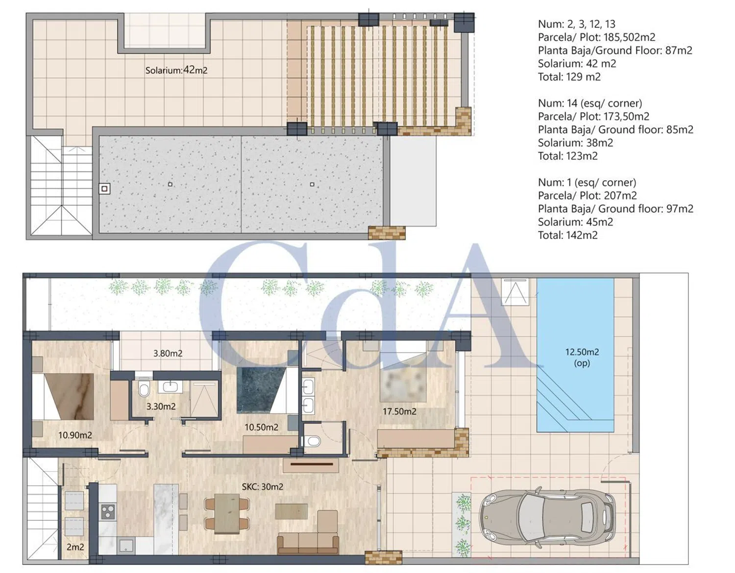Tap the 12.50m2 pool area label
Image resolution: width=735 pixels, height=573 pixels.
coord(582,352)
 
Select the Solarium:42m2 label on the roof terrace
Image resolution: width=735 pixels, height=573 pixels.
coord(176,71)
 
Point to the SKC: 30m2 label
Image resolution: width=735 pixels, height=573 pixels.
coord(262,487)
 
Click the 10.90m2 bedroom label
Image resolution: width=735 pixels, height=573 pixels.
coord(75,435)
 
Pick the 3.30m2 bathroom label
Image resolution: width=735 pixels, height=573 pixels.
coord(161,406)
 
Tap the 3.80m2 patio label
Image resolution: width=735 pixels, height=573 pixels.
coord(168,353)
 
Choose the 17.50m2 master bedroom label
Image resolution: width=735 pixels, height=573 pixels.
coord(399,411)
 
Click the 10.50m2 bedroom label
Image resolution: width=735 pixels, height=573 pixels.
coord(262,427)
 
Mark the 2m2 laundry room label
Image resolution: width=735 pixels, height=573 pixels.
coord(75,547)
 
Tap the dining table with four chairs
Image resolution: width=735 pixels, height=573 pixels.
coord(227,514)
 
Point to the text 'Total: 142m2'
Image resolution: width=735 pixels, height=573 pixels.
coord(567,235)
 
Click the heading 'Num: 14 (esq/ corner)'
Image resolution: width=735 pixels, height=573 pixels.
coord(590,103)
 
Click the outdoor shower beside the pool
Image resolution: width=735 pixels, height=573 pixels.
coord(515,292)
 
